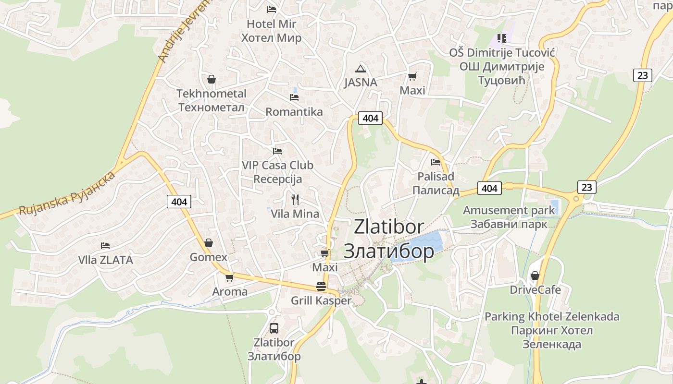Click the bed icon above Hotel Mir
point(272,9)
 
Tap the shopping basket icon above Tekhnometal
point(211,79)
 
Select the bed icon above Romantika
point(294,97)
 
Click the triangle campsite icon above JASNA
point(361,69)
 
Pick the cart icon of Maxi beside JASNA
point(412,76)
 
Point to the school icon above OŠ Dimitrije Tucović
point(502,38)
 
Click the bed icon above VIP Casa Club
point(277,151)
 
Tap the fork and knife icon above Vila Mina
point(295,199)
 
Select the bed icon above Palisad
point(436,162)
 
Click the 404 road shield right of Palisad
point(489,188)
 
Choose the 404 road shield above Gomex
point(179,202)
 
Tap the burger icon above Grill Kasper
point(321,287)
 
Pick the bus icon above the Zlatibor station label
point(274,328)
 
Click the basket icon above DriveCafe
point(535,276)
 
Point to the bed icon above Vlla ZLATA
point(105,246)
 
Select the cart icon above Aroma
point(229,277)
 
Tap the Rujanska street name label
point(67,193)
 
